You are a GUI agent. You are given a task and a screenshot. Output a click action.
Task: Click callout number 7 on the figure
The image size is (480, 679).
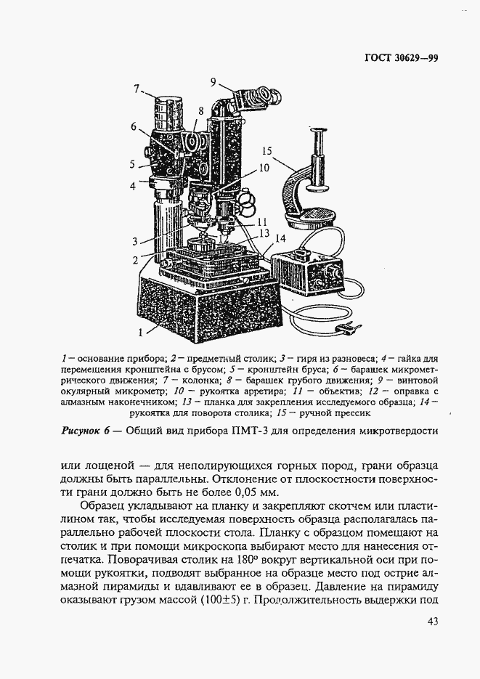[x=136, y=89]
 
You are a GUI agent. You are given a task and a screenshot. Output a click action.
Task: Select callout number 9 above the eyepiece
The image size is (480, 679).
[x=213, y=81]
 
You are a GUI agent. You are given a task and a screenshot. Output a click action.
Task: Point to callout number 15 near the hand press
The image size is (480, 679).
[x=266, y=151]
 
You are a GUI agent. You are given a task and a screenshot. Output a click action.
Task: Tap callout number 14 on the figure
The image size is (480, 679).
[x=281, y=237]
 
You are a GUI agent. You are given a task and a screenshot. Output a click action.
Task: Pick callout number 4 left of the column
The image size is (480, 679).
[x=133, y=186]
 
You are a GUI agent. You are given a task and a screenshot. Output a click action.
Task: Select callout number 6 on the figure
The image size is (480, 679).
[x=134, y=126]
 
